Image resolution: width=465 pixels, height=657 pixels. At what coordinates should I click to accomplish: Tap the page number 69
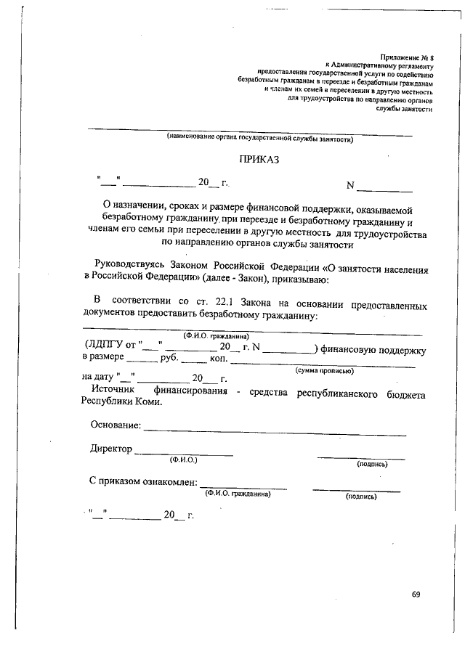[416, 594]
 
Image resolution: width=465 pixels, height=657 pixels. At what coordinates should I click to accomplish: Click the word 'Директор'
[110, 449]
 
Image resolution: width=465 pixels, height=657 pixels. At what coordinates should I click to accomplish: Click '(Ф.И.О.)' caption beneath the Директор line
[183, 460]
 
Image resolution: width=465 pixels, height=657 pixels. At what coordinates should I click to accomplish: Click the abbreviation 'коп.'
[219, 358]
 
